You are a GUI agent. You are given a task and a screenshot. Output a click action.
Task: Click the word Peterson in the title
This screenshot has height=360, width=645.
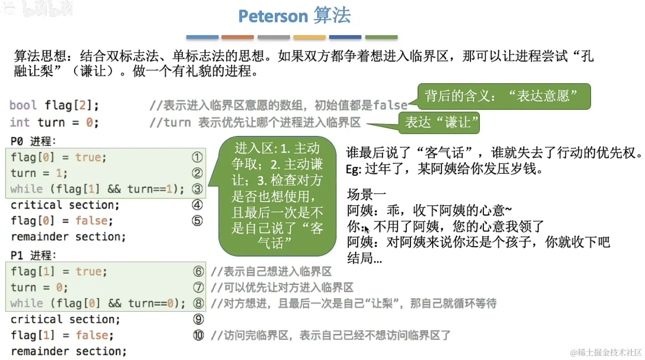click(x=273, y=16)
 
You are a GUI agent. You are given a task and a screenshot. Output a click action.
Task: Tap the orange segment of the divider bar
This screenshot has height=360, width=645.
click(x=238, y=37)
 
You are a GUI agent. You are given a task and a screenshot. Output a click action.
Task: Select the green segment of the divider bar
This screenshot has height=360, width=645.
click(x=381, y=37)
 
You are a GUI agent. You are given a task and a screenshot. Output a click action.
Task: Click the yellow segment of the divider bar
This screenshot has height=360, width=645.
click(x=310, y=37)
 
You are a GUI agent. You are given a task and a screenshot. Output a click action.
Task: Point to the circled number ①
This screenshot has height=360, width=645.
click(x=197, y=157)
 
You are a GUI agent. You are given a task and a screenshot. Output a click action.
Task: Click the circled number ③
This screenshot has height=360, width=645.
click(x=197, y=189)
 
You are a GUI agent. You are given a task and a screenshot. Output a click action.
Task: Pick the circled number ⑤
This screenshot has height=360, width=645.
click(x=197, y=220)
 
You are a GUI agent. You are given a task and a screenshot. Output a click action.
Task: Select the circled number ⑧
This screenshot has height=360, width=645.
click(x=198, y=303)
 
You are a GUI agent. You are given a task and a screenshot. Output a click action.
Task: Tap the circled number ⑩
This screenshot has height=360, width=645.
click(x=198, y=335)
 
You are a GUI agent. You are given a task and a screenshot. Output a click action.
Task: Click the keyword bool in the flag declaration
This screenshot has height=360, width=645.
click(x=23, y=105)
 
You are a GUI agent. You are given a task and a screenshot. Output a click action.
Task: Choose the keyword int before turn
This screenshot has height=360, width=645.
click(x=20, y=122)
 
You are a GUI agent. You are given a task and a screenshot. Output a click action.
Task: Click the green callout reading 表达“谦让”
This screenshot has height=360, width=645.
click(x=439, y=123)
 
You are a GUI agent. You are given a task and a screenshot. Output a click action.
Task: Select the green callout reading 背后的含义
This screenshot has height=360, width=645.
click(x=504, y=96)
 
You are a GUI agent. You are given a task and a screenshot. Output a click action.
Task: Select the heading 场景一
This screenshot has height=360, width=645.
click(x=366, y=194)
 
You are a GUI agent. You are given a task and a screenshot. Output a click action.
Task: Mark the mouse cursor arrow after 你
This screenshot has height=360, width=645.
click(x=366, y=229)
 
